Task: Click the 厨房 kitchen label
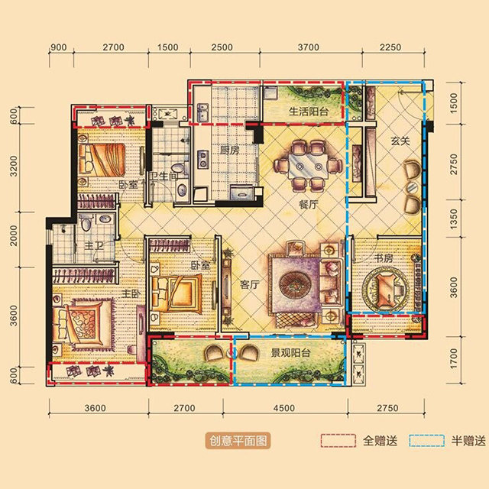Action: pyautogui.click(x=230, y=151)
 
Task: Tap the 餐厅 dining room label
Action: pyautogui.click(x=308, y=205)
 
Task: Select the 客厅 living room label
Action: pyautogui.click(x=250, y=284)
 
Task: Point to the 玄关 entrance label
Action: pyautogui.click(x=400, y=141)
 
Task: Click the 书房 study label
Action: pyautogui.click(x=384, y=258)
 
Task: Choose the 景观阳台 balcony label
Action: pyautogui.click(x=290, y=353)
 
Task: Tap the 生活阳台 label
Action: pyautogui.click(x=309, y=112)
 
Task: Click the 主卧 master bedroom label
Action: pyautogui.click(x=131, y=293)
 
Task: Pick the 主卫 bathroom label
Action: pyautogui.click(x=94, y=246)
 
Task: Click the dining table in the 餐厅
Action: pyautogui.click(x=309, y=167)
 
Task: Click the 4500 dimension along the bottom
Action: pyautogui.click(x=284, y=408)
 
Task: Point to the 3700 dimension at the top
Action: pyautogui.click(x=308, y=47)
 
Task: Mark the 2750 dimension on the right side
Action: pyautogui.click(x=454, y=164)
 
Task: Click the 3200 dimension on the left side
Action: pyautogui.click(x=14, y=166)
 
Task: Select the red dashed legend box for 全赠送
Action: pyautogui.click(x=338, y=441)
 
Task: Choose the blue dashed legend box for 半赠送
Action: pyautogui.click(x=427, y=441)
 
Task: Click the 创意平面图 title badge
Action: pyautogui.click(x=238, y=441)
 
